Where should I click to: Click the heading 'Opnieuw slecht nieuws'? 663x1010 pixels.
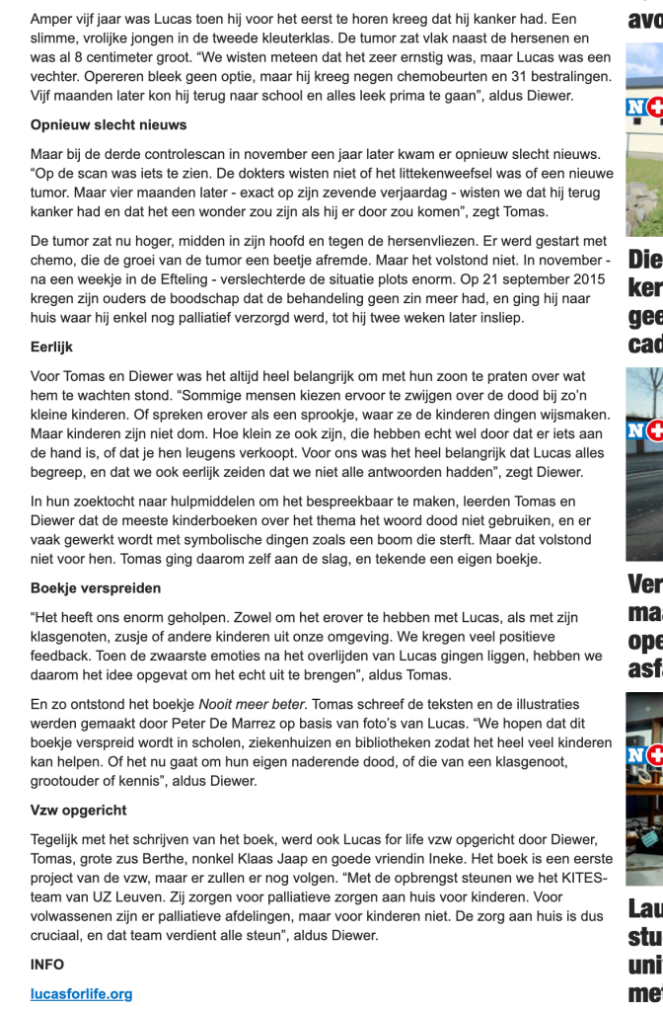(x=109, y=125)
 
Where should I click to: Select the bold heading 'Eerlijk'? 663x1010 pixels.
(x=52, y=348)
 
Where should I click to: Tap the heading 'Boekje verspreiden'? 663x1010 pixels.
(x=96, y=587)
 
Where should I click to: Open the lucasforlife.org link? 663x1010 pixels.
(x=81, y=993)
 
